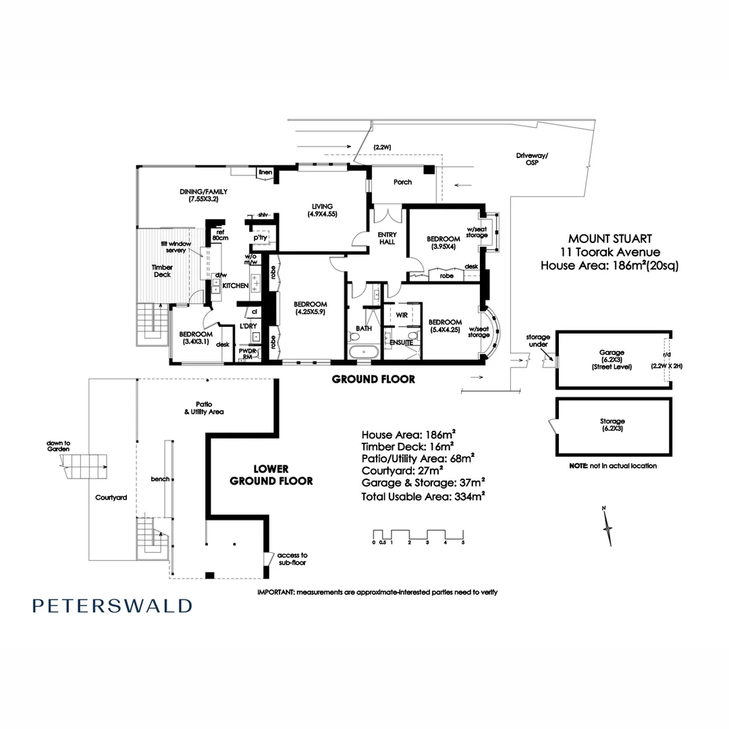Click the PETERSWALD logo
[112, 605]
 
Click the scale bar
[418, 537]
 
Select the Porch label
[402, 182]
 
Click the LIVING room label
[322, 210]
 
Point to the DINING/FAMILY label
[204, 195]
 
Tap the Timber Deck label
[162, 271]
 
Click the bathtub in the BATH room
[364, 350]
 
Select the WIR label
[402, 315]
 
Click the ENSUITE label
[401, 342]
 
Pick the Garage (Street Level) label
[612, 359]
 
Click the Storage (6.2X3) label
[612, 425]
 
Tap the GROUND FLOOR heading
[373, 379]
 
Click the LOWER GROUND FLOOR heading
[271, 475]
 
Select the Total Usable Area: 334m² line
[423, 497]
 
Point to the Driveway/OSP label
[532, 159]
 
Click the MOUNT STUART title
[610, 238]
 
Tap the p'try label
[261, 237]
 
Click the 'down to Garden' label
[59, 446]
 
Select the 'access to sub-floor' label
[292, 559]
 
